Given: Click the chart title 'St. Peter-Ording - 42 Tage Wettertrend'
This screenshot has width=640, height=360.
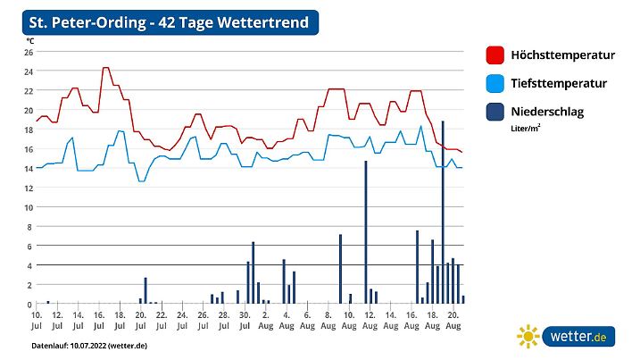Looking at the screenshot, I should [x=170, y=21].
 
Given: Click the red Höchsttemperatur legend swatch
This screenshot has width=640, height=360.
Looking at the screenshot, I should [x=495, y=55].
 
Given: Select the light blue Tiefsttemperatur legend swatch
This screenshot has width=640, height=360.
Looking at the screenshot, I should [x=495, y=83].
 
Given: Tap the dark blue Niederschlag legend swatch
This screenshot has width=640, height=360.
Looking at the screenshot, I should [x=495, y=112].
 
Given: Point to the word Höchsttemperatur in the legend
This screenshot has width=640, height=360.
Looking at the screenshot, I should [x=562, y=55].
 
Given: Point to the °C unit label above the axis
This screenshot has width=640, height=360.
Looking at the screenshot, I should [x=30, y=41].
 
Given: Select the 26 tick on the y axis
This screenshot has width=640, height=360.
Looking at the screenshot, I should [x=28, y=52].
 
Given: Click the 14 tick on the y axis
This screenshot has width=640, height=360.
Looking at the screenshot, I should [x=28, y=168].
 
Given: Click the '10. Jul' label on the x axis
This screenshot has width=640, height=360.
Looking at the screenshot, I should [x=37, y=320].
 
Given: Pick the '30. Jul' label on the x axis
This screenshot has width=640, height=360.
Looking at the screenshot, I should [x=245, y=320].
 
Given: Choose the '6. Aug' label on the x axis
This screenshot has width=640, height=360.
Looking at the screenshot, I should [x=307, y=320].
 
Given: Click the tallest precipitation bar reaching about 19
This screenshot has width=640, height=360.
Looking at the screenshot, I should [x=443, y=214].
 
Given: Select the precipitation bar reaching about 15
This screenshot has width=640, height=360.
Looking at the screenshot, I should [x=365, y=232].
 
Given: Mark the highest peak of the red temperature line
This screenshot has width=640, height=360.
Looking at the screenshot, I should [x=105, y=68].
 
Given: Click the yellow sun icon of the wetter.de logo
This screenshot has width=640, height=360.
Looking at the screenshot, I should [x=528, y=337].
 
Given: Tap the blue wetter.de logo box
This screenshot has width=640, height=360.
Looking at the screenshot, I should [x=579, y=337].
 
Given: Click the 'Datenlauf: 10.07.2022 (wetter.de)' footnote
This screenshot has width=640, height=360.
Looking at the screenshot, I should [x=88, y=345].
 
